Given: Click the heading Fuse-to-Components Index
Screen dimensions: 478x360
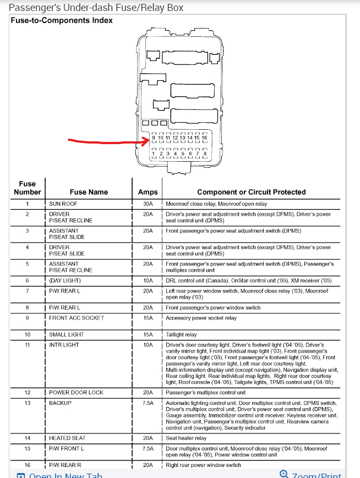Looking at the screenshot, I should (62, 20).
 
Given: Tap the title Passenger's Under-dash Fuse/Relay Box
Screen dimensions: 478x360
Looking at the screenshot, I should (97, 8).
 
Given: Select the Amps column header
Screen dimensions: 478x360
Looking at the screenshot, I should (148, 192).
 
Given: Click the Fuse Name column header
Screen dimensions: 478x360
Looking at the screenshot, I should (89, 192).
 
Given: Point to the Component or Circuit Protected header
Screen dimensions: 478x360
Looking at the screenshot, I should (252, 192).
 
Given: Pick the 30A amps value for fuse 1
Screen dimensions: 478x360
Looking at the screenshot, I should (148, 204).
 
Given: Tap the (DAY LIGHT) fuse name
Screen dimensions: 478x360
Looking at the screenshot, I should (65, 281).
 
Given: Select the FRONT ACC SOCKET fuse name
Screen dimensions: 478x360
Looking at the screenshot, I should (77, 318).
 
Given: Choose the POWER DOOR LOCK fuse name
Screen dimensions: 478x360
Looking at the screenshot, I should (76, 393).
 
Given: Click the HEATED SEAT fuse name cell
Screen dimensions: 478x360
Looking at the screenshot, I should (68, 438).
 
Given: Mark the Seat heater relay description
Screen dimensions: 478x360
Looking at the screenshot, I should (187, 438).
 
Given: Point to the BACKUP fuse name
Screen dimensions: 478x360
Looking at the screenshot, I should (61, 403).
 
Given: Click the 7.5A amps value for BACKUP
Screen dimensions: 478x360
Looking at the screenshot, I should (148, 403).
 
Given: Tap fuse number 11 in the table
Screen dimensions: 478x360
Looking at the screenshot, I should (28, 345).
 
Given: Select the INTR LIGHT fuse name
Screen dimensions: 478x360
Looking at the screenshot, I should (64, 345).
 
